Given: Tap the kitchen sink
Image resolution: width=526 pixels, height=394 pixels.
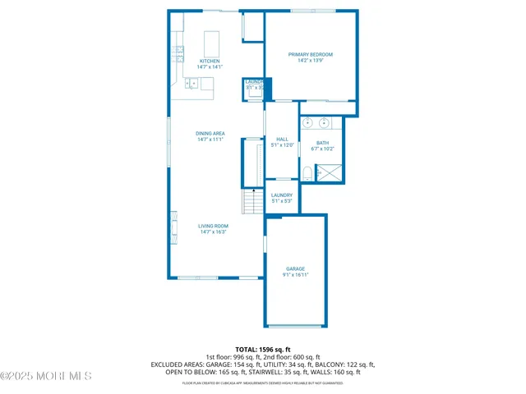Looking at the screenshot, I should pyautogui.click(x=191, y=83).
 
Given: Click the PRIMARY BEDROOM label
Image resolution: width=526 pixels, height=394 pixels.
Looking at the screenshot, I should pyautogui.click(x=310, y=54).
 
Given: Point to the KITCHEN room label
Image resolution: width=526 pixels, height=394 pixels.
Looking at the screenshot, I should pyautogui.click(x=210, y=61).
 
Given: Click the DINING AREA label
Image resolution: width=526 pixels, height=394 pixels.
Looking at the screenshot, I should pyautogui.click(x=210, y=133).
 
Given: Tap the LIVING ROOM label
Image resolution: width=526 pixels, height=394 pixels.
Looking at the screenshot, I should pyautogui.click(x=213, y=226).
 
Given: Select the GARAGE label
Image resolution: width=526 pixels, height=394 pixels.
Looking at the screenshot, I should pyautogui.click(x=295, y=269).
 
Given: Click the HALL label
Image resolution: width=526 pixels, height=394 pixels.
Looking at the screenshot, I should pyautogui.click(x=282, y=140).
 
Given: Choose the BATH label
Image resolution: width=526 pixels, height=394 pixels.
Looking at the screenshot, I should pyautogui.click(x=322, y=143).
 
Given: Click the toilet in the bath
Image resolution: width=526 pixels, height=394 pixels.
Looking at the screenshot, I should pyautogui.click(x=307, y=172).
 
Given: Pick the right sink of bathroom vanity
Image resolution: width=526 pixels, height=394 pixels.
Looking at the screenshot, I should pyautogui.click(x=325, y=124).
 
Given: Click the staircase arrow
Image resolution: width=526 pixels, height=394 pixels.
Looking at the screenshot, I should pyautogui.click(x=253, y=192).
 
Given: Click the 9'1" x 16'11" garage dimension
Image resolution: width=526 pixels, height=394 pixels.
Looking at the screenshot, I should pyautogui.click(x=295, y=276).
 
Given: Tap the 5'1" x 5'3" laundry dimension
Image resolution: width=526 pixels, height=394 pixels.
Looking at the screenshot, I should pyautogui.click(x=282, y=201).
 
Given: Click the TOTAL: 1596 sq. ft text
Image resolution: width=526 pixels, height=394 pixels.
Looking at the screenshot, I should pyautogui.click(x=263, y=349).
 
